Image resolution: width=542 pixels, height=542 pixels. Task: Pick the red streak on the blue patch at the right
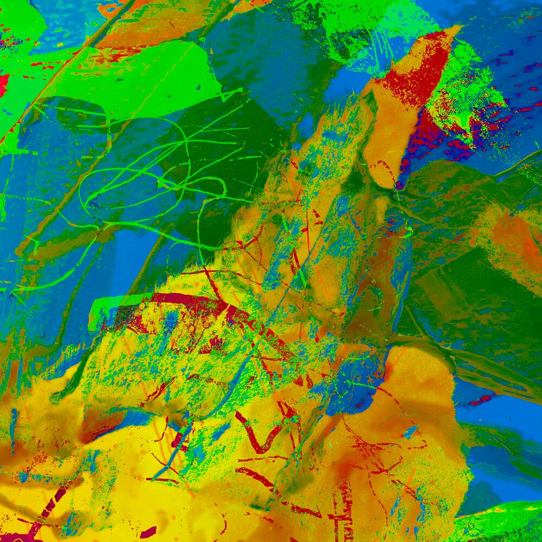click(x=480, y=400)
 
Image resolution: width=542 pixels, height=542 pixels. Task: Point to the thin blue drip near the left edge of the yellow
click(x=13, y=423)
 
